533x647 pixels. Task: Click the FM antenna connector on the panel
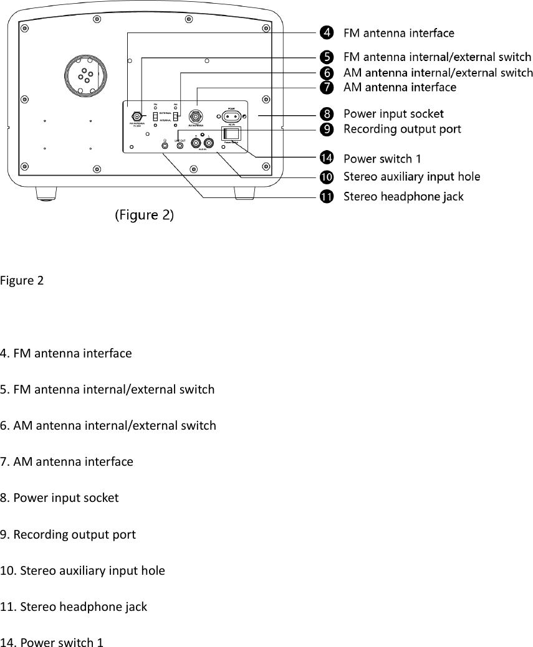pos(135,116)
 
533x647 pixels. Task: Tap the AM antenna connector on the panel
pos(196,116)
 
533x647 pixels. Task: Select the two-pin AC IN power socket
pos(230,116)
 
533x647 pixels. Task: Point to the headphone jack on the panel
pos(164,144)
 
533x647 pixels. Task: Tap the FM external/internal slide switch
pos(155,116)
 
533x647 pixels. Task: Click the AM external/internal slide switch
pos(176,116)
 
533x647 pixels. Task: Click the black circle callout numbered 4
pos(327,32)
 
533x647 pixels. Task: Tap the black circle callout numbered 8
pos(327,114)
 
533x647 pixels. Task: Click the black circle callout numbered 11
pos(327,197)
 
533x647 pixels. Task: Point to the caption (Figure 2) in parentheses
pos(145,215)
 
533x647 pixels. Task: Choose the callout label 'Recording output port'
pos(403,129)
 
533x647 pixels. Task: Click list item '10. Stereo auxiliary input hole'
pos(83,570)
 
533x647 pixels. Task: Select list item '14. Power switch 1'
pos(52,642)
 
